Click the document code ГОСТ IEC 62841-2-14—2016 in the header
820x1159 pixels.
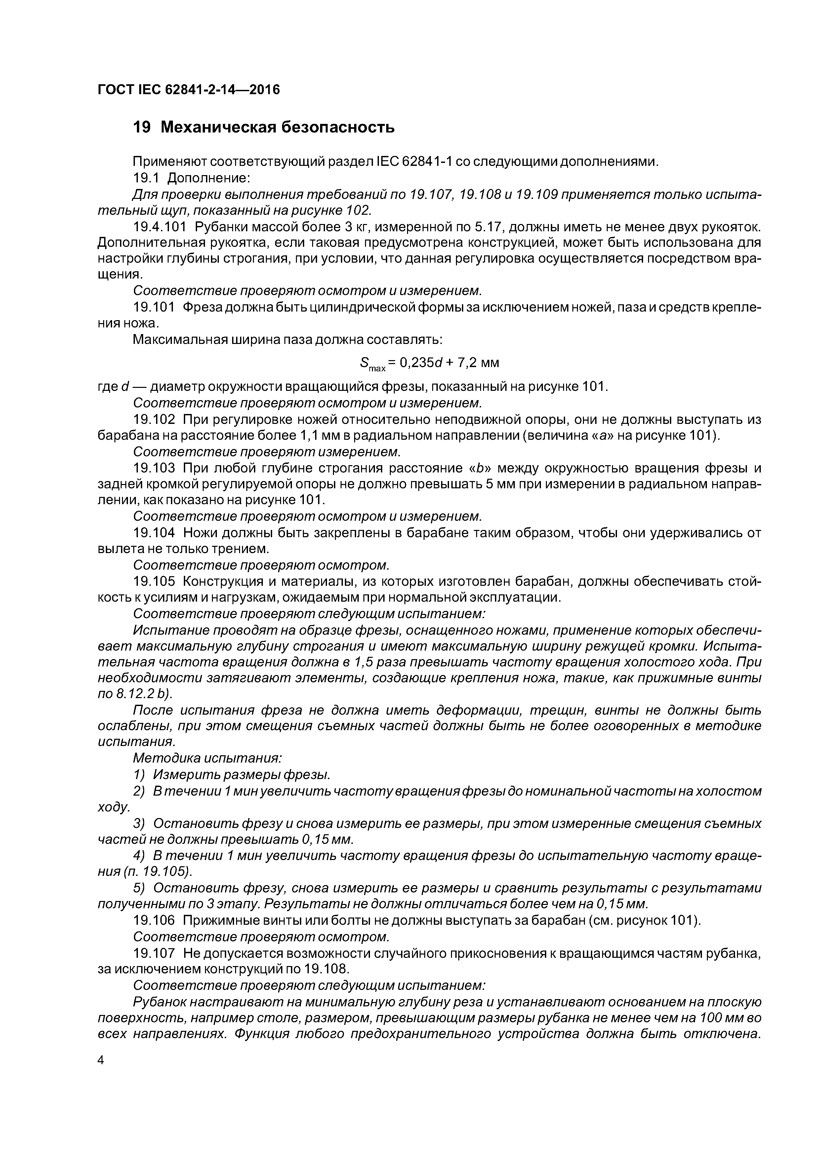click(x=188, y=90)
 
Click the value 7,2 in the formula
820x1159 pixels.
click(x=467, y=362)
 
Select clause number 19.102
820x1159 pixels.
click(x=154, y=420)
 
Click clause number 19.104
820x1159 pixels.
click(x=154, y=533)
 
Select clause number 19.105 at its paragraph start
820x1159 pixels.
click(x=154, y=581)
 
